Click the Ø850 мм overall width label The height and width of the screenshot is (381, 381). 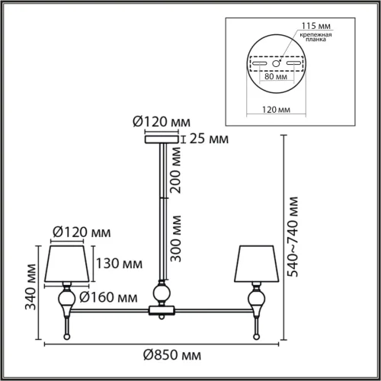[172, 355]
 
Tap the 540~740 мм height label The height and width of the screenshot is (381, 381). [293, 236]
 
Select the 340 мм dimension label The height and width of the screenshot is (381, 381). [30, 287]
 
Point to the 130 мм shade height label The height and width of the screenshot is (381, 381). [119, 264]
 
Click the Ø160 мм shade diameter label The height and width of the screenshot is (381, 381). [108, 297]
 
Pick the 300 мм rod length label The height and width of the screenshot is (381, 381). [176, 239]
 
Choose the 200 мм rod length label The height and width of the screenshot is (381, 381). [176, 171]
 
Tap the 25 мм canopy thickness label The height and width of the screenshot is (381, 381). [209, 139]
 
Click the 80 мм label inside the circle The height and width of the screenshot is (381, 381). [276, 76]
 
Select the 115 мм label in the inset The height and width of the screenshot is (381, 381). [316, 26]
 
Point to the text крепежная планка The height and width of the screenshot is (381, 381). [315, 37]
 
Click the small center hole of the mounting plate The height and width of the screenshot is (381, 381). [276, 63]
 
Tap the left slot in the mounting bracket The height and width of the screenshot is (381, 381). [259, 63]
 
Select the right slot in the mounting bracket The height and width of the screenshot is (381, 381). [293, 63]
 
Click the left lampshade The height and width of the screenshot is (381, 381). [67, 264]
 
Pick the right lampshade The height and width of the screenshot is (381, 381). [257, 264]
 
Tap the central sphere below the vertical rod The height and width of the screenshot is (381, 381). [162, 293]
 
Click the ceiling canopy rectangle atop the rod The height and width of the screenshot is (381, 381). [162, 139]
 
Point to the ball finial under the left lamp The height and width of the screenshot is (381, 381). [67, 337]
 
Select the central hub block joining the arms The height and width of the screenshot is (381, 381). [162, 310]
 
